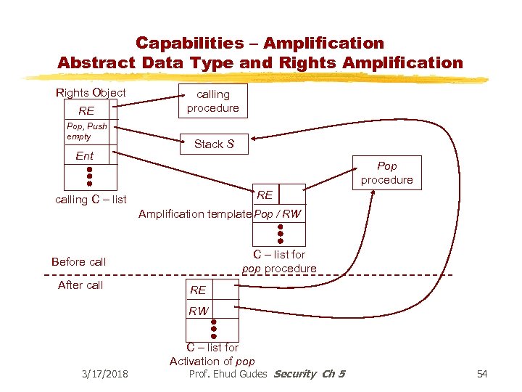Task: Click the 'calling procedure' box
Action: coord(212,101)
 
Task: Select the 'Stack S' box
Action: coord(214,144)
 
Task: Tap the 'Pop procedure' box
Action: coord(386,173)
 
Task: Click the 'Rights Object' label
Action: coord(91,92)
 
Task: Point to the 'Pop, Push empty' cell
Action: coord(87,131)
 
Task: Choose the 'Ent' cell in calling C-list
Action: coord(86,155)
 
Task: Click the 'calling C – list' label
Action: coord(91,200)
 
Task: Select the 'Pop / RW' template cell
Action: coord(278,214)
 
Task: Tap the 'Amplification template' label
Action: coord(194,214)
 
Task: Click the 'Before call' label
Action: coord(78,261)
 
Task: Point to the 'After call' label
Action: coord(80,285)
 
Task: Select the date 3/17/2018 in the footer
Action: coord(104,374)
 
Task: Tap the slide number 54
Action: coord(483,374)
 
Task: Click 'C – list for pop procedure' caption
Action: coord(279,261)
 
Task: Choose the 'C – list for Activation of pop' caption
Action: coord(212,354)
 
